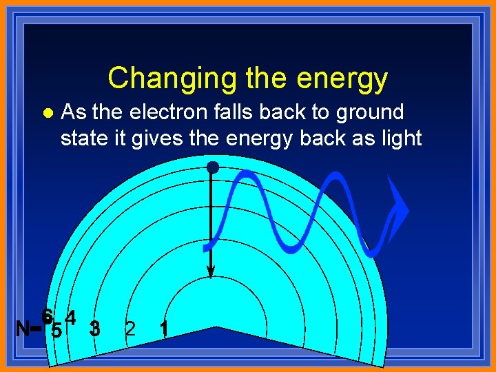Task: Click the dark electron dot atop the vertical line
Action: click(x=212, y=167)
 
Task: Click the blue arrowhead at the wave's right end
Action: click(x=397, y=210)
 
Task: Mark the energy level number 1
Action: click(x=163, y=329)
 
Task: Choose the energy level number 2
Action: click(x=130, y=329)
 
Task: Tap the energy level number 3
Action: click(x=95, y=329)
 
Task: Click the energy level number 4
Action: click(x=70, y=318)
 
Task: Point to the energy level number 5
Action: click(x=57, y=331)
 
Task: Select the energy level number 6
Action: click(x=47, y=317)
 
